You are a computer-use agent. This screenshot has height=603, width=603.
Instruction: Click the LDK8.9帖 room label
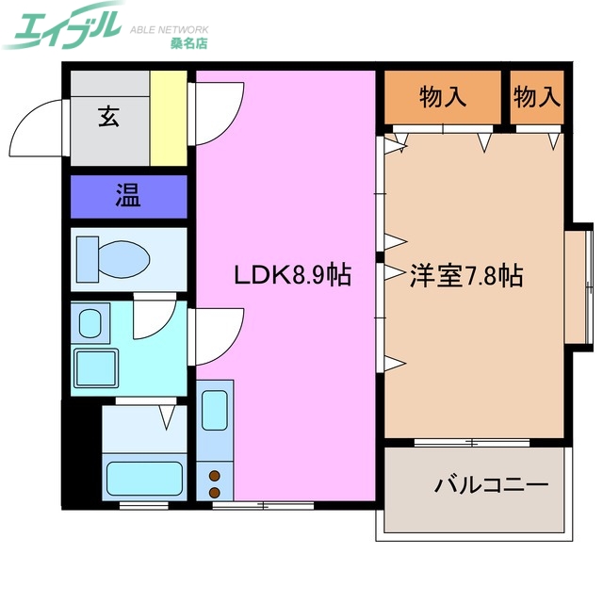pyautogui.click(x=293, y=276)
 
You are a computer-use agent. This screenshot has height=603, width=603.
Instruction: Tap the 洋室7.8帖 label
pyautogui.click(x=466, y=276)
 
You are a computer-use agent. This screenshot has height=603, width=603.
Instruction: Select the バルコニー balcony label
pyautogui.click(x=490, y=486)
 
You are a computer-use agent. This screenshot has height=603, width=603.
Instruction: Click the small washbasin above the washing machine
pyautogui.click(x=90, y=322)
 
